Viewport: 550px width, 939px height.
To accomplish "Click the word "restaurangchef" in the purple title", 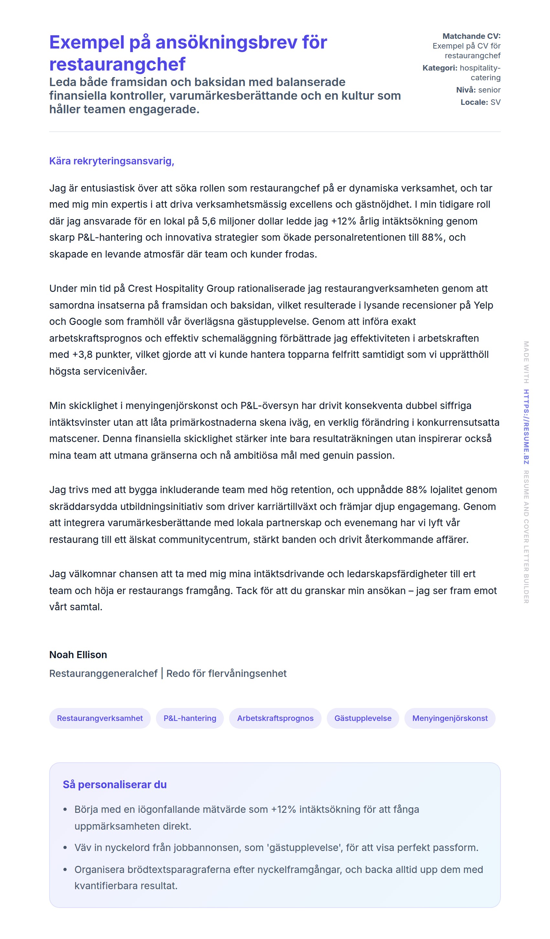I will (117, 64).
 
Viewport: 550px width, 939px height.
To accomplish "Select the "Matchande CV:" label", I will (471, 36).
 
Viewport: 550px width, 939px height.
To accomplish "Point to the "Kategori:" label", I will (440, 68).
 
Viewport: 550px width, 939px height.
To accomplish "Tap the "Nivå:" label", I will (466, 90).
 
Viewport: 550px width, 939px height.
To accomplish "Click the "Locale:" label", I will (474, 102).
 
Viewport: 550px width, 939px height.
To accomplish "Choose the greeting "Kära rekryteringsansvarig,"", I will (111, 161).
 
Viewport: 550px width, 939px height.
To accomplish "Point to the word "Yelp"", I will (483, 305).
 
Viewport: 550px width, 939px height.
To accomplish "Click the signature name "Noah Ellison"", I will (78, 655).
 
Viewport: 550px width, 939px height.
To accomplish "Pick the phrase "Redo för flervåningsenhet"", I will (226, 673).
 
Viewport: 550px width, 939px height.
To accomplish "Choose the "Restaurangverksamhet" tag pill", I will (100, 718).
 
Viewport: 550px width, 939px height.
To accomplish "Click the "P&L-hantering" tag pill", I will (190, 718).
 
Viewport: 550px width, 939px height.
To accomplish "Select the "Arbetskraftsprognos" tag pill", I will (275, 718).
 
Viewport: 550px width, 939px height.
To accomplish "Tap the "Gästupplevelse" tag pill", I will (363, 718).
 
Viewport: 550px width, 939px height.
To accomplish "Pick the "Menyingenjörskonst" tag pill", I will (449, 718).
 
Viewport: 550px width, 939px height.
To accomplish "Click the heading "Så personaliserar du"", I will (115, 784).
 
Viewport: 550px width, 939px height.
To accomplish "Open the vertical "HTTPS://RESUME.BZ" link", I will (526, 427).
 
